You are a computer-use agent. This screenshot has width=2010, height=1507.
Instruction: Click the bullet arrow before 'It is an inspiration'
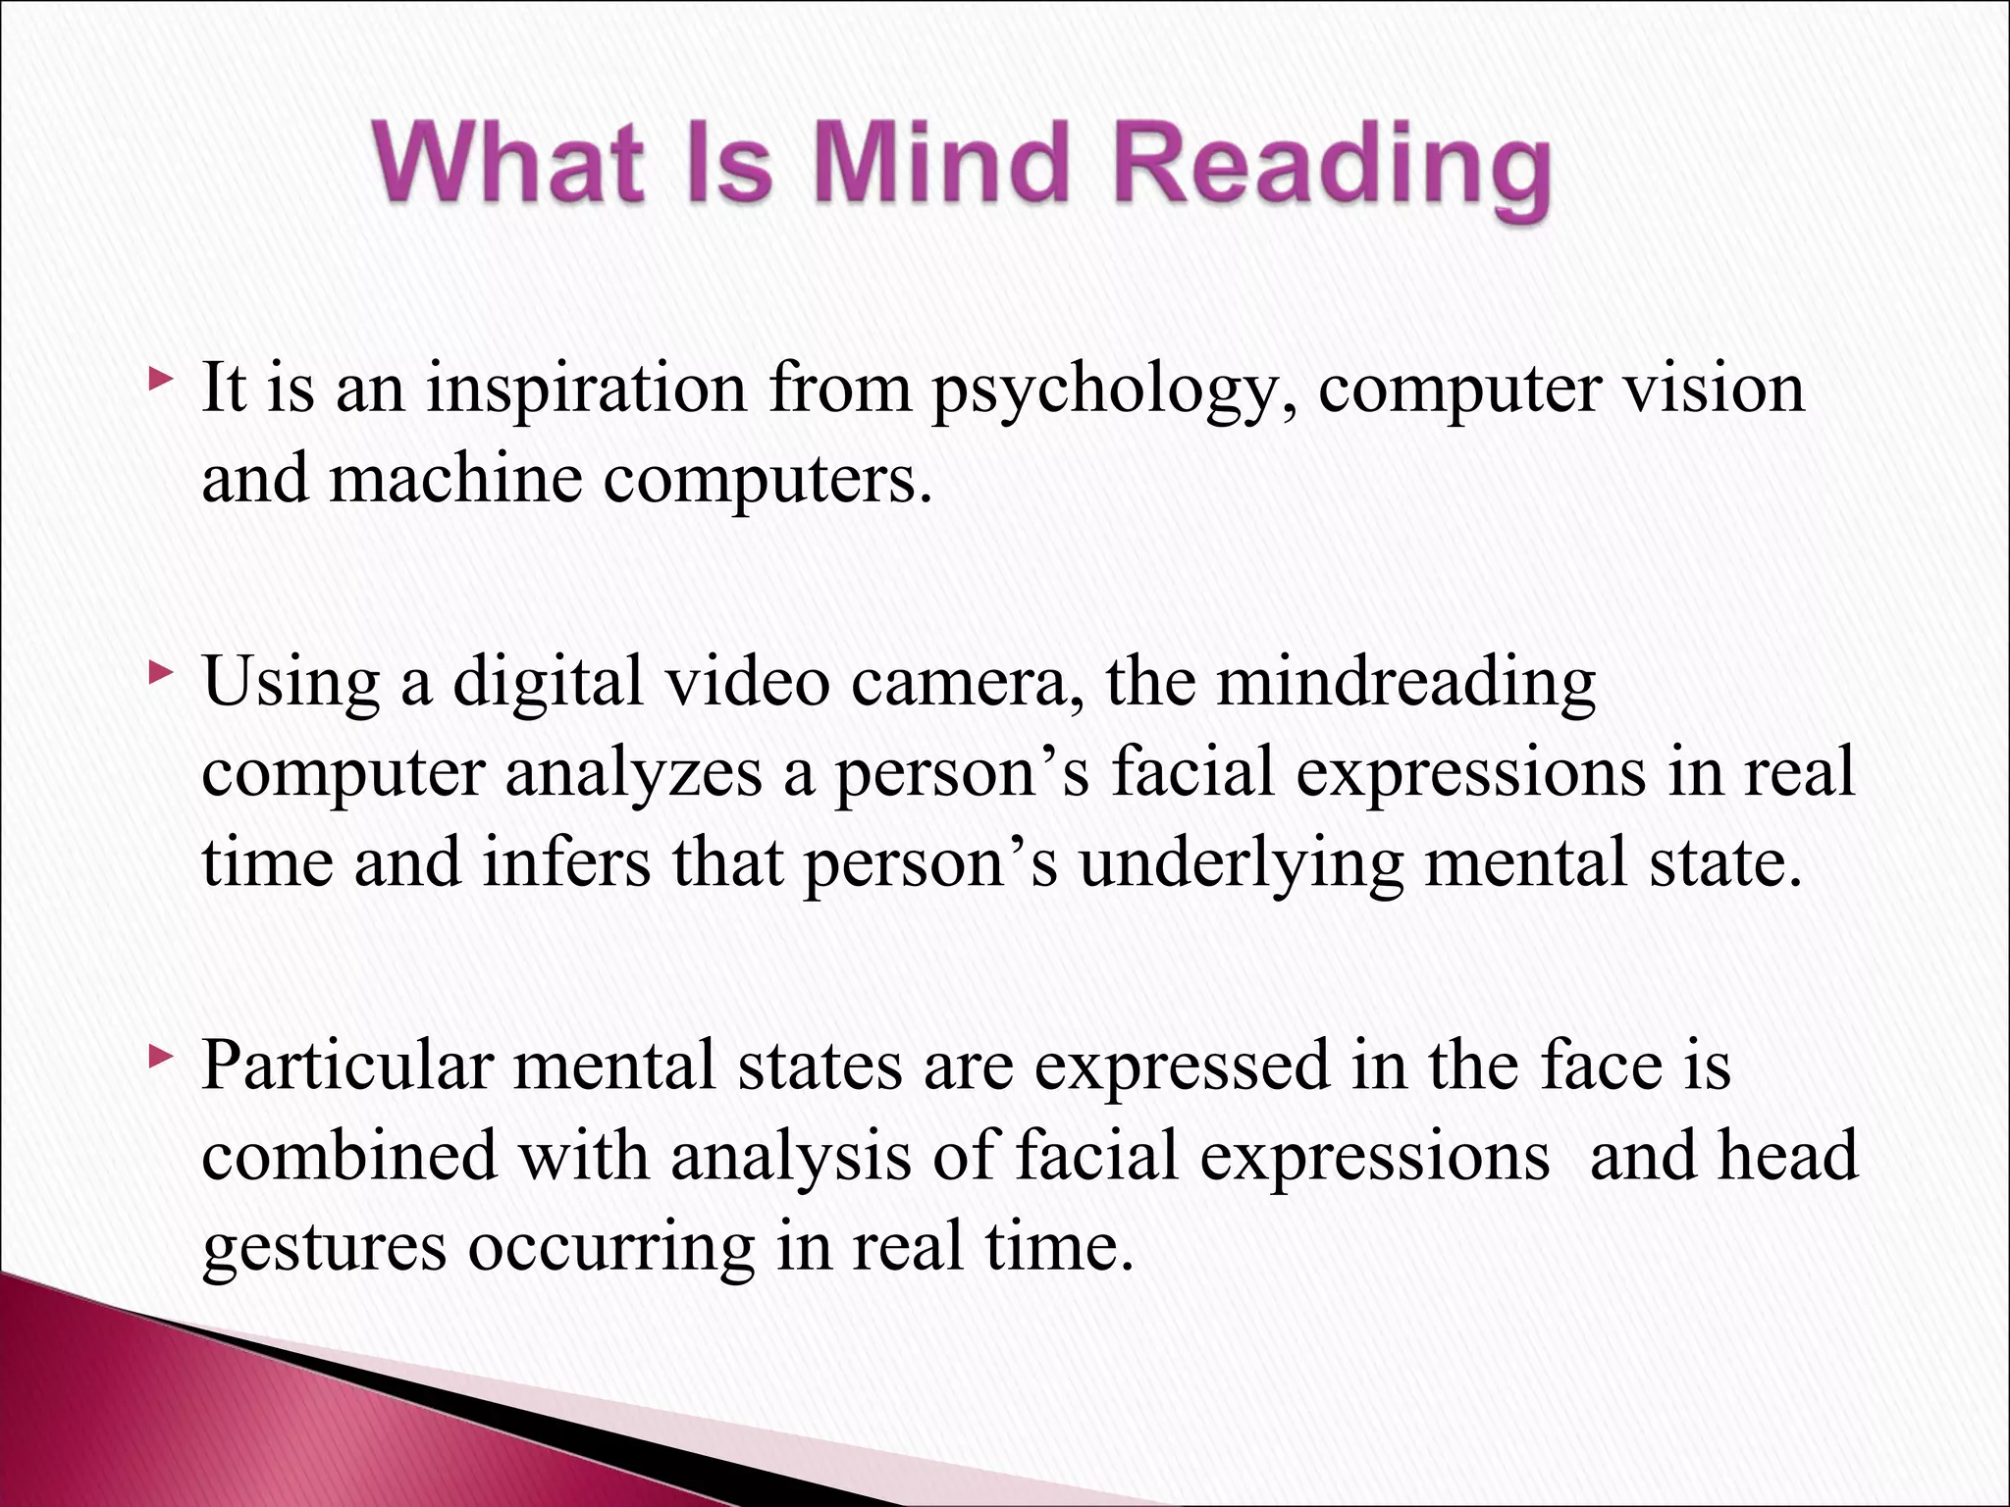(161, 378)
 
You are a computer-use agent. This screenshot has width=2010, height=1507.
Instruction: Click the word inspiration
(586, 390)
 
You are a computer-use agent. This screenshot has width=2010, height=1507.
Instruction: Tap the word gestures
(325, 1248)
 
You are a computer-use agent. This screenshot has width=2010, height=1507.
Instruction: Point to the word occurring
(610, 1248)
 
